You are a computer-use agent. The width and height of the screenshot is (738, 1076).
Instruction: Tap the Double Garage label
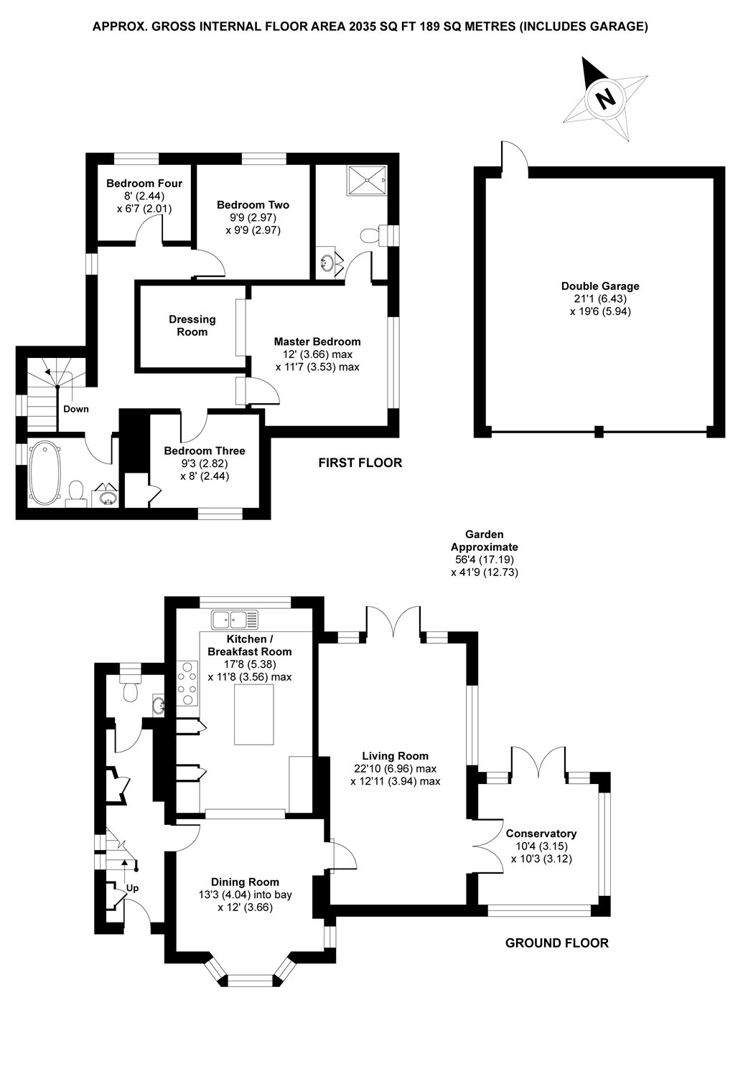(600, 286)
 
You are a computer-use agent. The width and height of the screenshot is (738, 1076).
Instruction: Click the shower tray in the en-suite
(368, 180)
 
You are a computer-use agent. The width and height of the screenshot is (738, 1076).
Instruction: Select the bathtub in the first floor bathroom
(45, 473)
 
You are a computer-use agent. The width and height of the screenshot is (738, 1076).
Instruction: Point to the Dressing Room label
(192, 326)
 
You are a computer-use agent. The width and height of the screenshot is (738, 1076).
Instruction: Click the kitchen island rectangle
(254, 714)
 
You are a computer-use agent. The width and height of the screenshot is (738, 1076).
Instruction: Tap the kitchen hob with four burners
(187, 683)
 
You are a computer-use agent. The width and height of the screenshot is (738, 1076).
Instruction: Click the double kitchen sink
(235, 619)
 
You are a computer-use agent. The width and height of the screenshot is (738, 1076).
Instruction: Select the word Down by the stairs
(76, 409)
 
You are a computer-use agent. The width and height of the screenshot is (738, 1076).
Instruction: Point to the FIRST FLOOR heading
(360, 463)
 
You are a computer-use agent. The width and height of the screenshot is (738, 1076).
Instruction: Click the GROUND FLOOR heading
(557, 943)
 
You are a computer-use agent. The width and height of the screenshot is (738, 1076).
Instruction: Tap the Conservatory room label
(541, 834)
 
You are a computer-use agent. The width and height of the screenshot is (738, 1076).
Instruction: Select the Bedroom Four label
(144, 183)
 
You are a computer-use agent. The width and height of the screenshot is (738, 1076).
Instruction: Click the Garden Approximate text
(484, 540)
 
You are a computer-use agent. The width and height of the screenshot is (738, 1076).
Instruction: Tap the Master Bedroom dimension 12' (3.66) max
(317, 354)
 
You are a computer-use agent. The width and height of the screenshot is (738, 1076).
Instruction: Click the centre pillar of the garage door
(599, 431)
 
